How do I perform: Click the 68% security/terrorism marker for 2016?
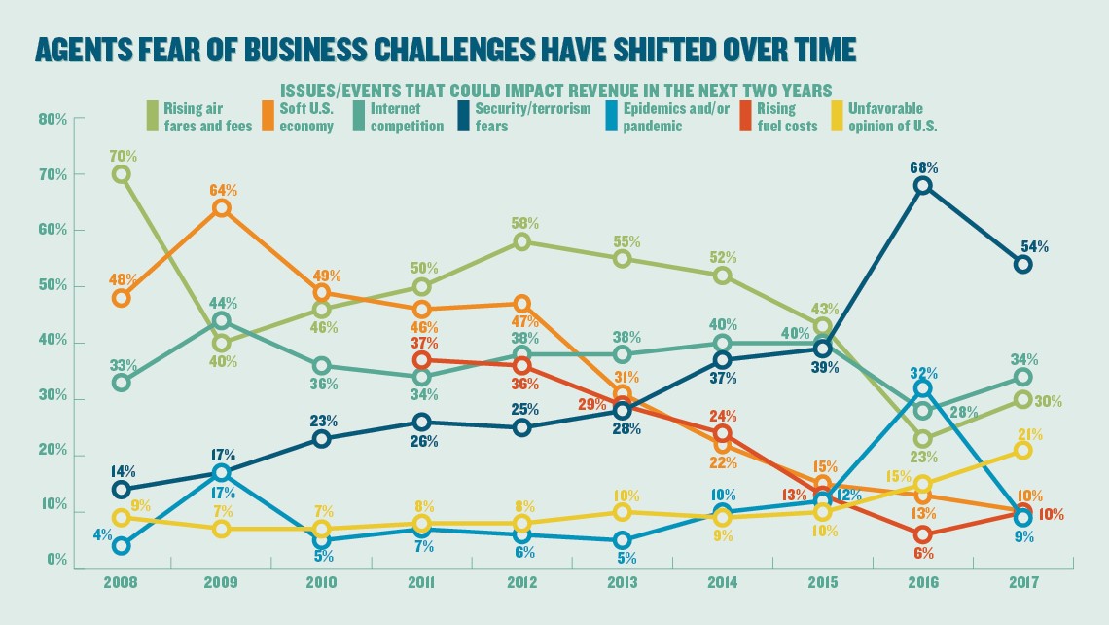tap(922, 186)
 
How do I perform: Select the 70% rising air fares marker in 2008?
tap(122, 174)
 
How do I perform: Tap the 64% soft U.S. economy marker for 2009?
tap(222, 207)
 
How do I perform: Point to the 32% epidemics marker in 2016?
tap(922, 388)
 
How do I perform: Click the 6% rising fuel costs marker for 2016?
tap(922, 534)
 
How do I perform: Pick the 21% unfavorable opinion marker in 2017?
tap(1022, 450)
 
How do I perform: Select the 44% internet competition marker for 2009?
tap(222, 320)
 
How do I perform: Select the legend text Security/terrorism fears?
tap(532, 117)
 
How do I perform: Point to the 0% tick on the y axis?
tap(56, 562)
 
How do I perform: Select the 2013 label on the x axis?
tap(624, 582)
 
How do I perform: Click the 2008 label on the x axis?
tap(122, 582)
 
